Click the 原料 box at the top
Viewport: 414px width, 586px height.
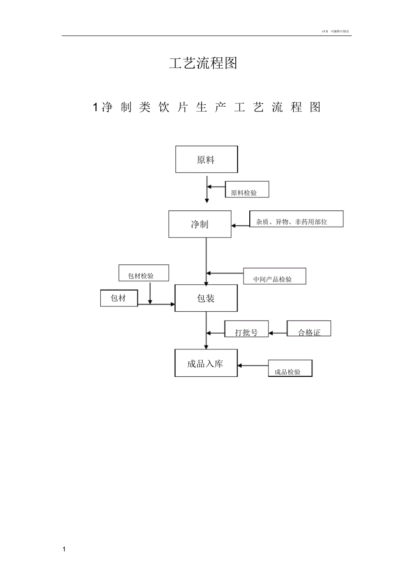tap(207, 159)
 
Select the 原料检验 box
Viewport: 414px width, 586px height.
tap(247, 189)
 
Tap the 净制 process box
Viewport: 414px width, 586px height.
tap(200, 224)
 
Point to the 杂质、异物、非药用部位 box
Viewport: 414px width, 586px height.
tap(296, 219)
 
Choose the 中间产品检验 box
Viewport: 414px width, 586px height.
tap(274, 276)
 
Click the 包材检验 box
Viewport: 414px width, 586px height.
tap(144, 273)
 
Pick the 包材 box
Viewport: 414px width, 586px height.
tap(119, 298)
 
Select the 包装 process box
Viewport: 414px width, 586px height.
tap(206, 298)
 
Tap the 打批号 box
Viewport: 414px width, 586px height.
tap(247, 329)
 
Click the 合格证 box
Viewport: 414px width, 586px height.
tap(309, 329)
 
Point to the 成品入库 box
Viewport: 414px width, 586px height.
tap(206, 363)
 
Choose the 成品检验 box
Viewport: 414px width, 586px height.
tap(290, 368)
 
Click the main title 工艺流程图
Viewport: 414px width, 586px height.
tap(203, 63)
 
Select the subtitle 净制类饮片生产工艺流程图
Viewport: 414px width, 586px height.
tap(207, 107)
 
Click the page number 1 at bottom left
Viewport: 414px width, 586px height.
tap(64, 550)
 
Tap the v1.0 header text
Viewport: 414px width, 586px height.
tap(325, 31)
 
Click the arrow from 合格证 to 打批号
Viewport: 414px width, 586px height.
tap(278, 333)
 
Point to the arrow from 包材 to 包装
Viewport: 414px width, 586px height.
tap(156, 304)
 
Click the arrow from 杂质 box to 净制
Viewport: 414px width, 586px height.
tap(240, 225)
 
